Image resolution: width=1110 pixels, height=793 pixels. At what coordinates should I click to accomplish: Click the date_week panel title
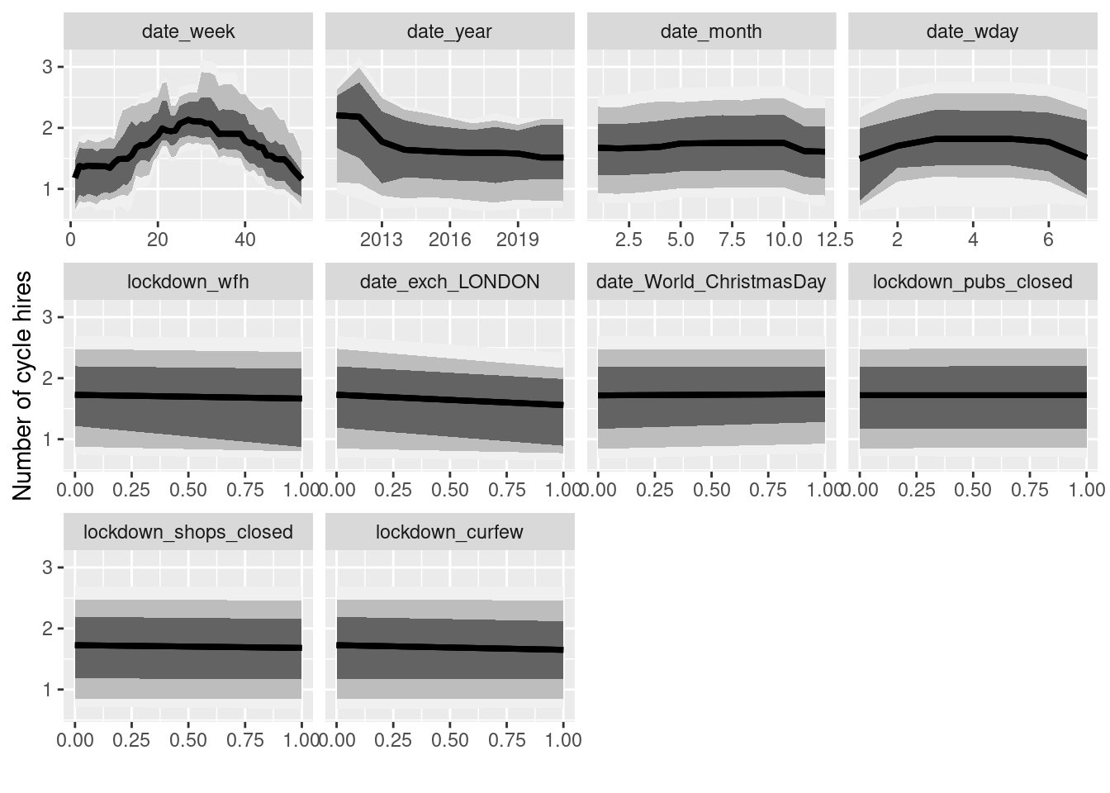[188, 32]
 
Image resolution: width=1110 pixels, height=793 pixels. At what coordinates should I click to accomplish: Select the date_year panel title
[449, 32]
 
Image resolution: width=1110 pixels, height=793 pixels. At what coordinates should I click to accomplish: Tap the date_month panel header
[711, 32]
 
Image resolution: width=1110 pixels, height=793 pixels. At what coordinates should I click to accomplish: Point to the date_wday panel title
[972, 32]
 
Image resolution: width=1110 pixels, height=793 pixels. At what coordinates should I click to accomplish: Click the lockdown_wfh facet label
[188, 283]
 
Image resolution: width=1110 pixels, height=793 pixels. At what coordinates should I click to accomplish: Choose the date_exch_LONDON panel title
[449, 283]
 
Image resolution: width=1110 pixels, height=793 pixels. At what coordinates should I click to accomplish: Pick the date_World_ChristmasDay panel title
[711, 283]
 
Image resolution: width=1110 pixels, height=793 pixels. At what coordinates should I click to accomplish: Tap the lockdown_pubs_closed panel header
[972, 283]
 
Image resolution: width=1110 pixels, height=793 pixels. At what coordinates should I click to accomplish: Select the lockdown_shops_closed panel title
[188, 533]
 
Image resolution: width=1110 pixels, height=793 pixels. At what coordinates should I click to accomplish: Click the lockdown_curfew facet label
[449, 533]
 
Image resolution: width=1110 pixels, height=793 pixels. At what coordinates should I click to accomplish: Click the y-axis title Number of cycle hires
[23, 385]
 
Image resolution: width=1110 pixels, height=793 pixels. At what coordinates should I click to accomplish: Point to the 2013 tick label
[382, 240]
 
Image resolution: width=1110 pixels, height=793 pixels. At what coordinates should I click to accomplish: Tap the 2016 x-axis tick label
[449, 240]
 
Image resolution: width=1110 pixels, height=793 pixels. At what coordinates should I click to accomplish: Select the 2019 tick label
[518, 240]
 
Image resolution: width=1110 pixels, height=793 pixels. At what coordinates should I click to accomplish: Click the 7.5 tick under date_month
[732, 240]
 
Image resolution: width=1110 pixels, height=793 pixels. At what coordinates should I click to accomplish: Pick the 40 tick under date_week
[245, 240]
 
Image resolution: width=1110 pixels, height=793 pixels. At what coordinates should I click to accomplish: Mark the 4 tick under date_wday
[973, 240]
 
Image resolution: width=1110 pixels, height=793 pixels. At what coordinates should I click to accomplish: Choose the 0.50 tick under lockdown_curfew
[449, 740]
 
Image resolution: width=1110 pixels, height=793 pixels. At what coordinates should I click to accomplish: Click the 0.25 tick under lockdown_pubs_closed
[916, 490]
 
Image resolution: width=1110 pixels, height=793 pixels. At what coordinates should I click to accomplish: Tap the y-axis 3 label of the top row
[48, 67]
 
